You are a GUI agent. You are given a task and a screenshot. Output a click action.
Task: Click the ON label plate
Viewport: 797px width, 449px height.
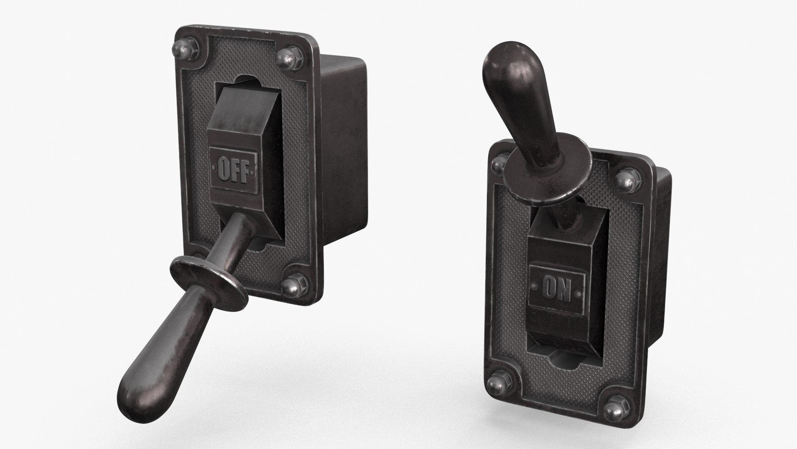click(558, 287)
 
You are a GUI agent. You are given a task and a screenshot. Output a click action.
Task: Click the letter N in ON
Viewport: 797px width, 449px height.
click(565, 288)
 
